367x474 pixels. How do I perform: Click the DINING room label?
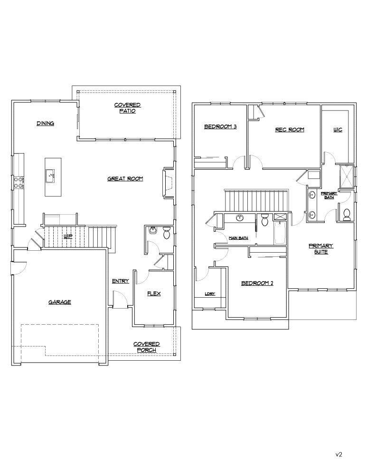[x=46, y=123]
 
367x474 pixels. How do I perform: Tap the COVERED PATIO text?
[x=127, y=108]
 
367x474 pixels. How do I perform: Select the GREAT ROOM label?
[x=125, y=179]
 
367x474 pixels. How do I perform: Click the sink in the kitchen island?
[x=50, y=175]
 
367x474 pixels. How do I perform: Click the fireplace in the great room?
[x=168, y=182]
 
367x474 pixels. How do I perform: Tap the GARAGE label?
[x=59, y=302]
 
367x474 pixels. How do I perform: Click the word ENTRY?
[x=120, y=281]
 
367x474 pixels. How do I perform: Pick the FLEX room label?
[x=153, y=293]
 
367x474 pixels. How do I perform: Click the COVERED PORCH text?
[x=146, y=347]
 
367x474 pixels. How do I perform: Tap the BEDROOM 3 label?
[x=220, y=127]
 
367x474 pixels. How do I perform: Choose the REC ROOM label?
[x=290, y=129]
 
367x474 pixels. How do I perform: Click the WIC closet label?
[x=338, y=129]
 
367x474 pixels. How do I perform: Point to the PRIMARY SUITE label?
[x=321, y=249]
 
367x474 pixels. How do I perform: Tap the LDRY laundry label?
[x=210, y=294]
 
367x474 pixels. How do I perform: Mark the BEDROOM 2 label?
[x=257, y=283]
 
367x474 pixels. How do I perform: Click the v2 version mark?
[x=339, y=454]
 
